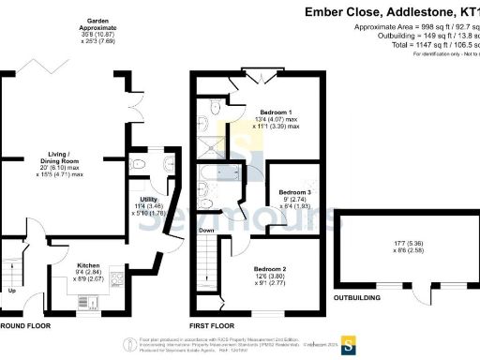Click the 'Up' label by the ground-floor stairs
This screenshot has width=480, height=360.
pos(11,290)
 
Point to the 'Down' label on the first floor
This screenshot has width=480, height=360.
pos(206,229)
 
